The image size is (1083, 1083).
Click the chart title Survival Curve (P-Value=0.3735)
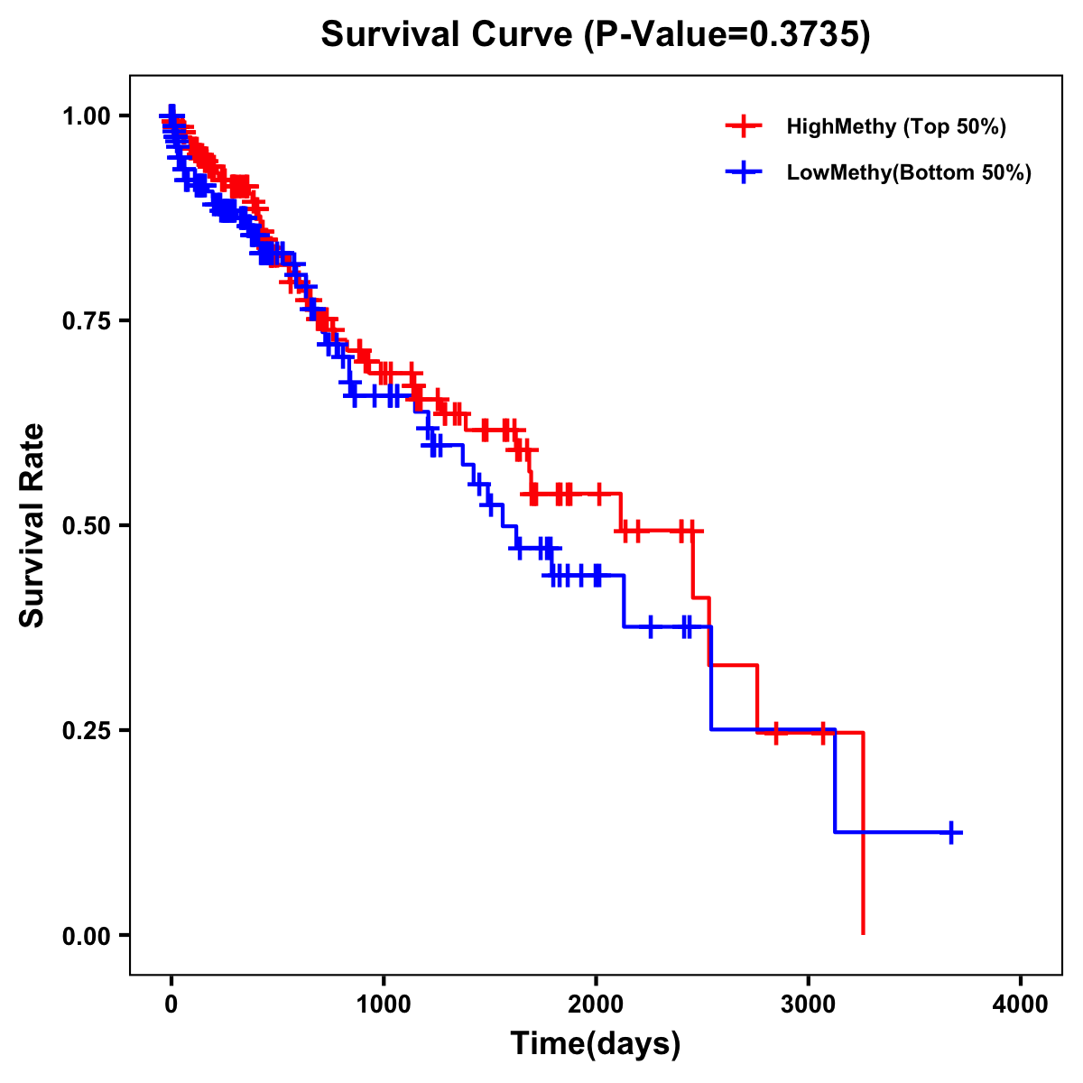[596, 35]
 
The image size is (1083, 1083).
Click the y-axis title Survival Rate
[32, 525]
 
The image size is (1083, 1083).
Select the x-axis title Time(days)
[596, 1043]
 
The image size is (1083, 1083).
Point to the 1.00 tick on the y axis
[86, 116]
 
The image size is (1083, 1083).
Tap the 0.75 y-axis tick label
[86, 321]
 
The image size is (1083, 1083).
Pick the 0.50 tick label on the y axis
[86, 526]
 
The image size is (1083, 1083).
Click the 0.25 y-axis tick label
[86, 731]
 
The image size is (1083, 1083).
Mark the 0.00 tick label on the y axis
[86, 936]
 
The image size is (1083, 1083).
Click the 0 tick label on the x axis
[171, 1004]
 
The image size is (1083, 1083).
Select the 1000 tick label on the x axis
[384, 1004]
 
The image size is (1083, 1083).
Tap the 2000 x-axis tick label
[596, 1004]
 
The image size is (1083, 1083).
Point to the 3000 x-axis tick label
[809, 1004]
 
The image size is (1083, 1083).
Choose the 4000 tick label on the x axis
[1021, 1004]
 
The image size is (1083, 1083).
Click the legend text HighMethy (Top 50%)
[896, 126]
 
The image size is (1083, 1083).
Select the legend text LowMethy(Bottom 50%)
[909, 172]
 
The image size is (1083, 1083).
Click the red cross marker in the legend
[744, 126]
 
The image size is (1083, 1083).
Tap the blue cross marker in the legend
[744, 172]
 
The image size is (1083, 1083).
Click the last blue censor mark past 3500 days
[951, 832]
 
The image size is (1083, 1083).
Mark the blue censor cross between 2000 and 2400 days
[651, 626]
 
